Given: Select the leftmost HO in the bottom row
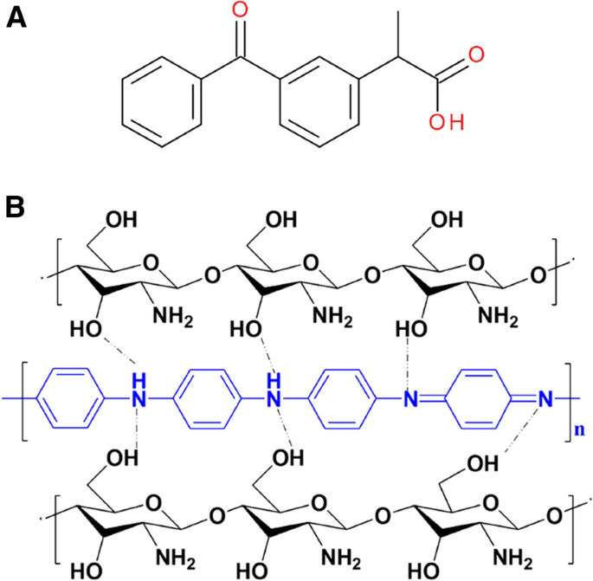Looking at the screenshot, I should (87, 571).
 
